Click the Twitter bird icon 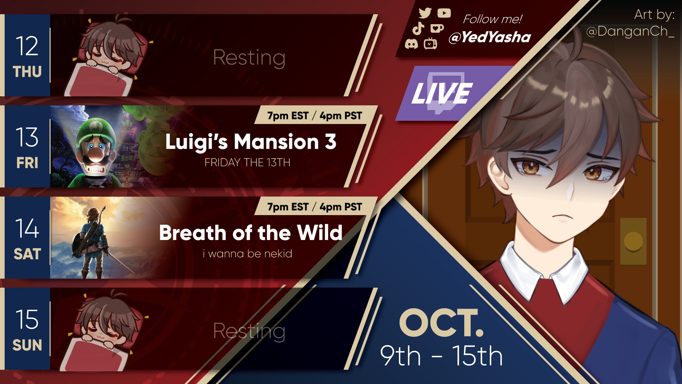pos(425,13)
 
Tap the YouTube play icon pos(444,13)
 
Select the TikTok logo pos(418,28)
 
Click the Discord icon pos(411,44)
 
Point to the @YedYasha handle pos(489,37)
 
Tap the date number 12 pos(27,46)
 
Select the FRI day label pos(27,163)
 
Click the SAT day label pos(27,254)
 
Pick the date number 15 pos(27,319)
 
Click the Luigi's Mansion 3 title pos(251,142)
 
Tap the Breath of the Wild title pos(251,233)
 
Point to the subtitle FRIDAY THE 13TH pos(248,162)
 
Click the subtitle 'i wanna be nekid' pos(248,254)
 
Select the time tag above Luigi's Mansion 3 pos(315,116)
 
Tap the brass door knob pos(633,241)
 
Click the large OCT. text pos(442,323)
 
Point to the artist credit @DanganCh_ pos(630,32)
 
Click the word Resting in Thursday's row pos(249,58)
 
